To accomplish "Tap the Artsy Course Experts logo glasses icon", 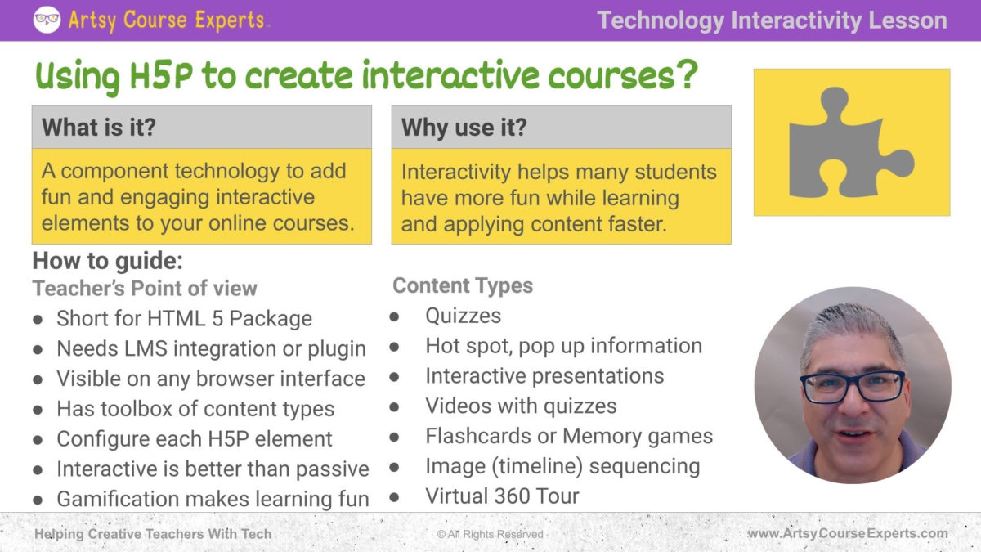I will click(x=47, y=20).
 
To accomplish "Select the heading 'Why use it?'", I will click(x=464, y=127).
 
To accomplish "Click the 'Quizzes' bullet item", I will click(x=463, y=316).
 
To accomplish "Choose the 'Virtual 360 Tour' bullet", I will click(x=502, y=496).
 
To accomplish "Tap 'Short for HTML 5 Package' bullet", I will click(x=184, y=318).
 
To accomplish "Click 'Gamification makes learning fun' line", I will click(x=213, y=498).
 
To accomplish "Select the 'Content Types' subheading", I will click(x=463, y=285).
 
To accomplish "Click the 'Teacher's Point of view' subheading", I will click(x=145, y=288).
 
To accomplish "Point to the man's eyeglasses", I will click(x=853, y=387).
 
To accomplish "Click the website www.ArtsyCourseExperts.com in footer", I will click(x=848, y=534).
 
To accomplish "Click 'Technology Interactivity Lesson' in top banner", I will click(x=772, y=20).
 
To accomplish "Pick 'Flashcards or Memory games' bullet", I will click(x=568, y=436).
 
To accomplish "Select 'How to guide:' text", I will click(x=107, y=262).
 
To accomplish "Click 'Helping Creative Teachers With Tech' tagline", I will click(x=153, y=534).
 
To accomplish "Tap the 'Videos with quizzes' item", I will click(x=521, y=406).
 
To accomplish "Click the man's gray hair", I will click(x=850, y=327).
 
